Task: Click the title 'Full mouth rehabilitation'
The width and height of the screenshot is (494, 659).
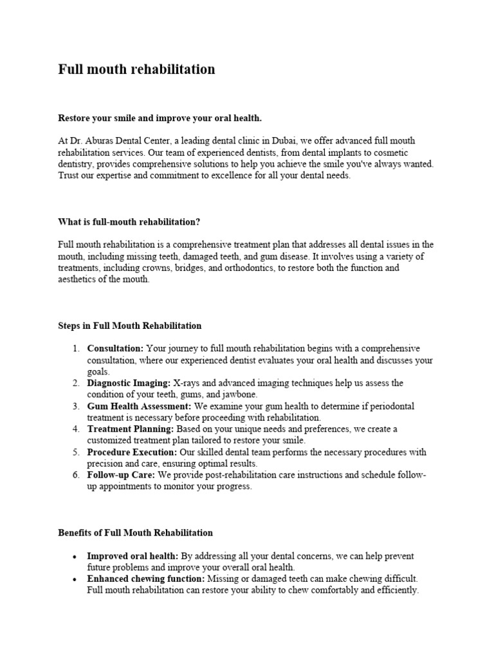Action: [136, 70]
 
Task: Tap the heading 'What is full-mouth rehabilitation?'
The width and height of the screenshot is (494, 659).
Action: [129, 222]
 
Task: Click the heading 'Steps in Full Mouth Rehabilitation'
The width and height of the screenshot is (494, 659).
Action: [129, 326]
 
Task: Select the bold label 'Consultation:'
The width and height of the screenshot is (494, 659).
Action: [116, 349]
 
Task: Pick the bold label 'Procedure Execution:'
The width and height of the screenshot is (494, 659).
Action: [131, 452]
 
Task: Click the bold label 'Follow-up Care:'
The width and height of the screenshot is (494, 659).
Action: [122, 475]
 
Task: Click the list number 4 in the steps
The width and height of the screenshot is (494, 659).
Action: [75, 429]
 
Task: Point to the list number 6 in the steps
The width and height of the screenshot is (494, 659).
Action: [75, 475]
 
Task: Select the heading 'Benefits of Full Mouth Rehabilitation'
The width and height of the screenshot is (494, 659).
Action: [135, 533]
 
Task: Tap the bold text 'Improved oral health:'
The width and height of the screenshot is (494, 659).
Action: [133, 556]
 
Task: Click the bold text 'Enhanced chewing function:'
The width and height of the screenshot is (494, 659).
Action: [146, 579]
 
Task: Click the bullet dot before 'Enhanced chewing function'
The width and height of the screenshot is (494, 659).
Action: [76, 579]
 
